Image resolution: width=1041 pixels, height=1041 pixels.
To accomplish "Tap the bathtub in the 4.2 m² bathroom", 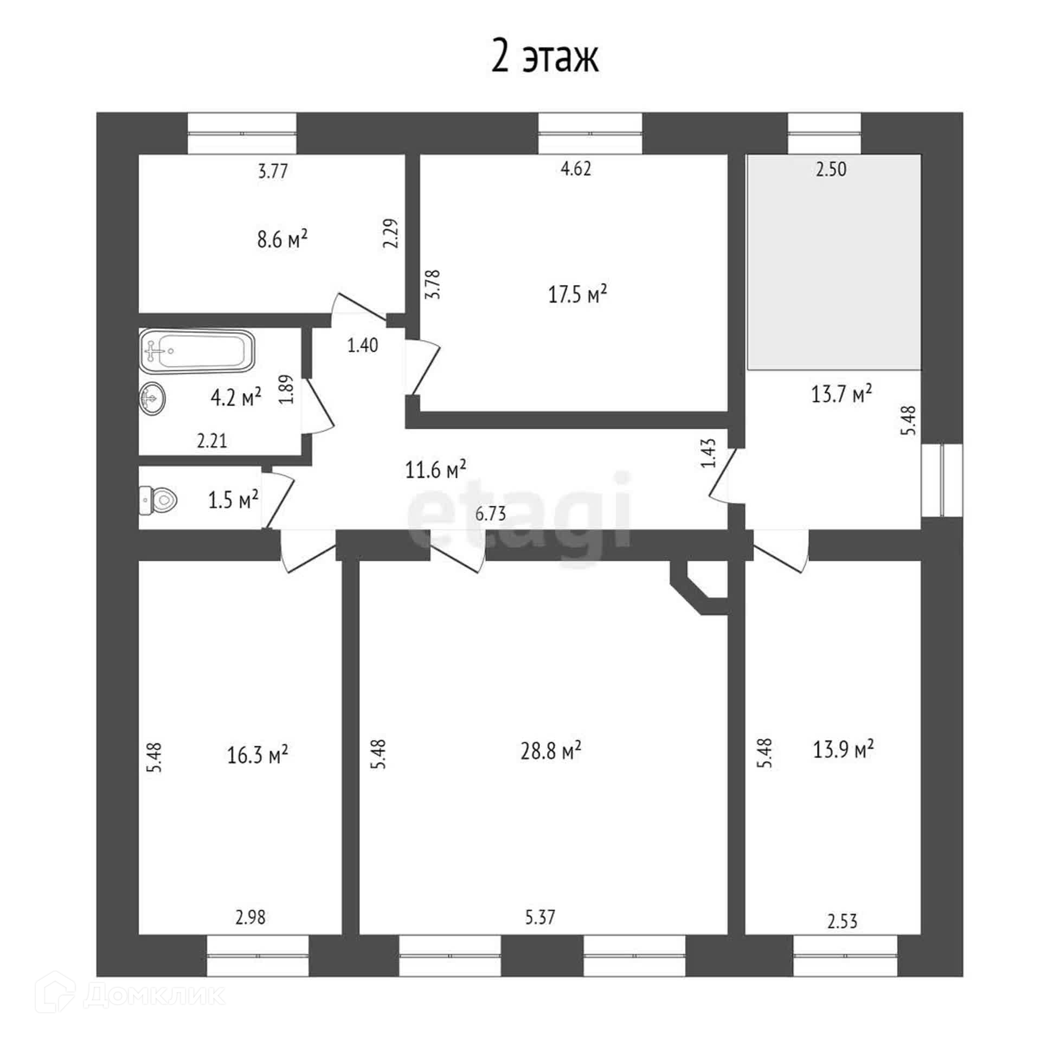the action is tap(196, 351).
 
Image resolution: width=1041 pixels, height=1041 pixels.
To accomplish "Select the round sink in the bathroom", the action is tap(152, 399).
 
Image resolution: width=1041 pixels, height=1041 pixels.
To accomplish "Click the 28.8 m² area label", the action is tap(551, 751).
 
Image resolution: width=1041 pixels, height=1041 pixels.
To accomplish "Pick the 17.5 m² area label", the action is tap(577, 294).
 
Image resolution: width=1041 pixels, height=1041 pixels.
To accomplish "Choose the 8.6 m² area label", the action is tap(282, 239).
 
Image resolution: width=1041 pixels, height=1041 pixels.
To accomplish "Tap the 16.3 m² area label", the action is tap(257, 754).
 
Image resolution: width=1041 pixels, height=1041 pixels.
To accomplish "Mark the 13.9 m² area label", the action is tap(843, 750).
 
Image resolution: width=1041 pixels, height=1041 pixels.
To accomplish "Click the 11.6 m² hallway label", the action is tap(435, 469).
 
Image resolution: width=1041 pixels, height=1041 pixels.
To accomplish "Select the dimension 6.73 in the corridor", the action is tap(491, 513).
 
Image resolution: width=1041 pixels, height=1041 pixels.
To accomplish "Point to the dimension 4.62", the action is tap(575, 169).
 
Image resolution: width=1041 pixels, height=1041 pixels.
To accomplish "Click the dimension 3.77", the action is tap(273, 172).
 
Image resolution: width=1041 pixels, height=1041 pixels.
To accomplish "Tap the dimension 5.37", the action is tap(540, 917).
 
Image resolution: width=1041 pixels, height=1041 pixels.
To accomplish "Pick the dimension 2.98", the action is tap(250, 917).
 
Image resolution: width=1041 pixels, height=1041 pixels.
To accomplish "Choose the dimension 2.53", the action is tap(842, 921).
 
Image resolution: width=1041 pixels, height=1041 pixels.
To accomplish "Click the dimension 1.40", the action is tap(363, 345).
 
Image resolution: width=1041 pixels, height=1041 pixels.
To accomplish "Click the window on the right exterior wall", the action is tap(942, 480).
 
